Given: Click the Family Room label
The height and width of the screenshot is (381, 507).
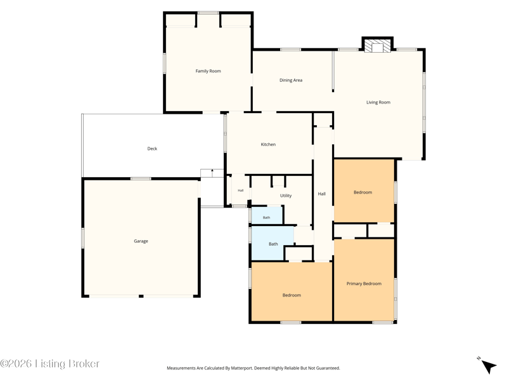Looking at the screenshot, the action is click(208, 71).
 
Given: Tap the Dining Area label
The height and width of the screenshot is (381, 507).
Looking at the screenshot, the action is click(291, 80).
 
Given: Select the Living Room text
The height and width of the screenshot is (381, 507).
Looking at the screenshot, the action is click(378, 102).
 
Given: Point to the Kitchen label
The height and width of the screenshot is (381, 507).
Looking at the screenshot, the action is click(268, 144).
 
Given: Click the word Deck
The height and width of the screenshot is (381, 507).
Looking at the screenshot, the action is click(152, 149).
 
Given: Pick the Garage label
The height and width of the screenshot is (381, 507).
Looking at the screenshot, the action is click(141, 241).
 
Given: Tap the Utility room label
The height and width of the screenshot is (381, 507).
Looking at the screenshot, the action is click(286, 196).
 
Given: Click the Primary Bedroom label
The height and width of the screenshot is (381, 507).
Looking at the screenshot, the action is click(364, 283).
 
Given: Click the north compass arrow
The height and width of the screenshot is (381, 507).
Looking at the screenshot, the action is click(489, 366).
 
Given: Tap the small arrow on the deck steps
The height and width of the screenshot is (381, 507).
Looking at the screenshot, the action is click(212, 173).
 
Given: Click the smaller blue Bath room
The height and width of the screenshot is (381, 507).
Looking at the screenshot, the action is click(267, 215).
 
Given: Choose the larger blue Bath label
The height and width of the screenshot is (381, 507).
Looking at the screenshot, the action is click(273, 244).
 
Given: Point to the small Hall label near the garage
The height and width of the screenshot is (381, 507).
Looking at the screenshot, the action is click(241, 190).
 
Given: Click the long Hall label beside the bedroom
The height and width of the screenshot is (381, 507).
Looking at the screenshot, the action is click(321, 194).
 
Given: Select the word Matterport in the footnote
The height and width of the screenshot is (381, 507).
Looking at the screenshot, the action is click(241, 368).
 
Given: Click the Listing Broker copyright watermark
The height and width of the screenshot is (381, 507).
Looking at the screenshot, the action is click(49, 363).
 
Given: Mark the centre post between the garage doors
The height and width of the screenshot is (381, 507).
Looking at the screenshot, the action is click(141, 296).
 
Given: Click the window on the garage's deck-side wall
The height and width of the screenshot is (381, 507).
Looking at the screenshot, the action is click(141, 178).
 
